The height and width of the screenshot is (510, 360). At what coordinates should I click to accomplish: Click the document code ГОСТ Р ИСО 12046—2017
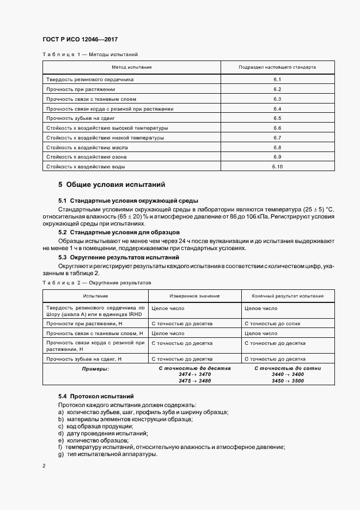(x=80, y=40)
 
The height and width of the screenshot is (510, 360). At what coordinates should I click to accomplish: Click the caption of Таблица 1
(x=90, y=54)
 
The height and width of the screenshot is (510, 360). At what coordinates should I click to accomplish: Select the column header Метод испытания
(x=132, y=68)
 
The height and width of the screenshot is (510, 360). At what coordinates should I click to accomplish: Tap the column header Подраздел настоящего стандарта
(x=277, y=68)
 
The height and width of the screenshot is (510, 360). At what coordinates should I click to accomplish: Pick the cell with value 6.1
(x=277, y=80)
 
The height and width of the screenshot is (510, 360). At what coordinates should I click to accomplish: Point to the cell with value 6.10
(x=277, y=167)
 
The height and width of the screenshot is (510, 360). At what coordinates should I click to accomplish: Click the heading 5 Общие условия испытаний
(x=111, y=185)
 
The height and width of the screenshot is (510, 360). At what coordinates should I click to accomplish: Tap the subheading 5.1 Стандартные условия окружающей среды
(x=128, y=201)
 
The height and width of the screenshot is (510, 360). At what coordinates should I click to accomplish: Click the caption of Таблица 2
(x=96, y=283)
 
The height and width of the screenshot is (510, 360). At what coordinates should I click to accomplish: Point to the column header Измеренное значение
(x=194, y=296)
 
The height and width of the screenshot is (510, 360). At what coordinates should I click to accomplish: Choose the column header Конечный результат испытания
(x=288, y=296)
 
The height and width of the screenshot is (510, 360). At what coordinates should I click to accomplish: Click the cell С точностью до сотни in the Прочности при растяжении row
(x=272, y=324)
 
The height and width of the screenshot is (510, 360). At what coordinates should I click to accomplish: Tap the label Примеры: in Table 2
(x=95, y=369)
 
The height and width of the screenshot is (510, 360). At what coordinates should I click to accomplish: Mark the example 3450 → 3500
(x=288, y=381)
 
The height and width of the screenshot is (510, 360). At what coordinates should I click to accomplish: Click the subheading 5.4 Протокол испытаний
(x=96, y=396)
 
